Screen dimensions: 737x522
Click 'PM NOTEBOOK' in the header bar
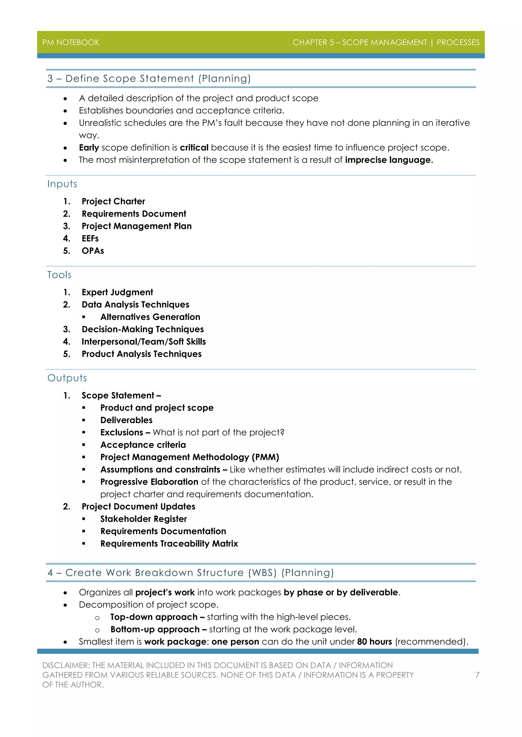pyautogui.click(x=71, y=42)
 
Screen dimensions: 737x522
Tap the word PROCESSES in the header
pyautogui.click(x=458, y=42)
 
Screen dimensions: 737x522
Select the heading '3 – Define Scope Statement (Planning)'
pyautogui.click(x=149, y=79)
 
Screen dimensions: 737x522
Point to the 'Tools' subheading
pyautogui.click(x=59, y=275)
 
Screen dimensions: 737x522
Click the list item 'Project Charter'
pyautogui.click(x=113, y=201)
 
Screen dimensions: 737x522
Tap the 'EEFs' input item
pyautogui.click(x=90, y=238)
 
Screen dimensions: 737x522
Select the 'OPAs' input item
pyautogui.click(x=93, y=251)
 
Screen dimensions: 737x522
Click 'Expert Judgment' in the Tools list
pyautogui.click(x=117, y=292)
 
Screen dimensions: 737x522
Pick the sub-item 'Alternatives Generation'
pyautogui.click(x=150, y=317)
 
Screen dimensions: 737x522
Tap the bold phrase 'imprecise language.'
pyautogui.click(x=389, y=160)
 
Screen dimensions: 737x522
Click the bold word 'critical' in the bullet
pyautogui.click(x=194, y=148)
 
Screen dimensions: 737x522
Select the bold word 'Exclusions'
pyautogui.click(x=122, y=432)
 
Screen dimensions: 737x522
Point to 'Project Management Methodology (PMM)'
pyautogui.click(x=189, y=457)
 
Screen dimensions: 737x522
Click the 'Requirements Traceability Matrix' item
pyautogui.click(x=169, y=543)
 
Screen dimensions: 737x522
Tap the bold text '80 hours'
pyautogui.click(x=374, y=642)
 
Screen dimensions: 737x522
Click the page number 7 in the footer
pyautogui.click(x=477, y=675)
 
